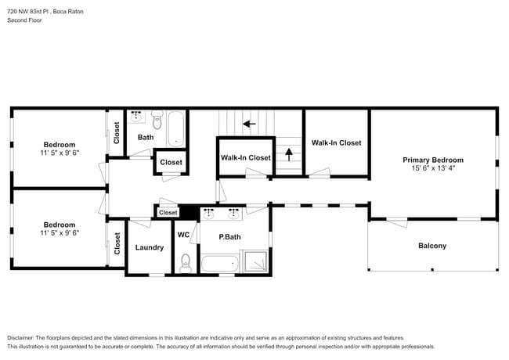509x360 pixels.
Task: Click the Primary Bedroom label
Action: (432, 160)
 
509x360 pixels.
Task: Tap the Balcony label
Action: (431, 246)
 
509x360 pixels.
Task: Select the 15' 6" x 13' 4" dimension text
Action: (432, 168)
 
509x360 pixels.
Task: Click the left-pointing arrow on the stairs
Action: (250, 123)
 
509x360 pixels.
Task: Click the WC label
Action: (183, 235)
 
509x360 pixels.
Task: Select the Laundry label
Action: (149, 247)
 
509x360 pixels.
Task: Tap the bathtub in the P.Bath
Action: (219, 262)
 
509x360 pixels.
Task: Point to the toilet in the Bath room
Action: (157, 121)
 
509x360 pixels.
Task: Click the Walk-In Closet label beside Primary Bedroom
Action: (336, 142)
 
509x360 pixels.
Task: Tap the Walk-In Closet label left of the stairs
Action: (245, 157)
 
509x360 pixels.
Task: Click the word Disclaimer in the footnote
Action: (24, 337)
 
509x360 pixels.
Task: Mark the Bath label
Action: (146, 138)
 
